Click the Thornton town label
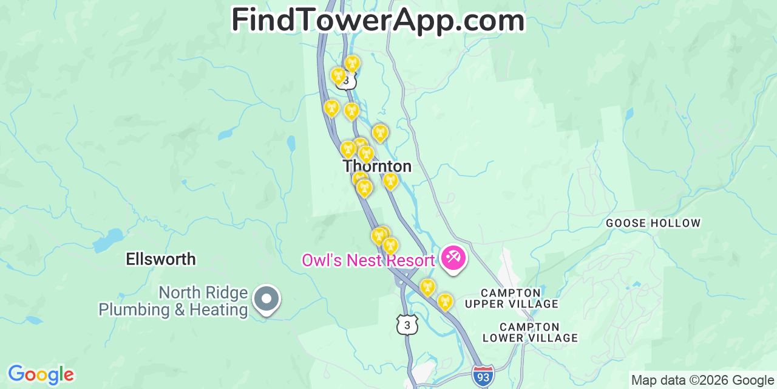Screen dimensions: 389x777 click(x=377, y=166)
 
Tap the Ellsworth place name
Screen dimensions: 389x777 click(x=161, y=260)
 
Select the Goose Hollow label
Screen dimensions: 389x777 click(x=653, y=224)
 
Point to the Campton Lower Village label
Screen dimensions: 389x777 click(x=530, y=332)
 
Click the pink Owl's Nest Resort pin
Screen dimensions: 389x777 click(x=453, y=258)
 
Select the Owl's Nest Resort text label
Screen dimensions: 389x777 click(x=368, y=261)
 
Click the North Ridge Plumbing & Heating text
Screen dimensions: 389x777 click(x=174, y=301)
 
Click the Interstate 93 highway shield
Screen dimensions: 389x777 click(x=483, y=376)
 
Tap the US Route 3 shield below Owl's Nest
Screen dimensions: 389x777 click(x=407, y=325)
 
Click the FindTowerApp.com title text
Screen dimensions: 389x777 click(x=378, y=20)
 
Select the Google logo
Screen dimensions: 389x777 click(x=41, y=374)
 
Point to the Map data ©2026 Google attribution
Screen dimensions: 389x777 click(x=703, y=380)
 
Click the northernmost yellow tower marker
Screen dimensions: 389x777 click(x=352, y=63)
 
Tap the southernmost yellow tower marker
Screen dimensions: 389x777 click(x=445, y=301)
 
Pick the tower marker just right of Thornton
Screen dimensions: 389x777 click(x=390, y=180)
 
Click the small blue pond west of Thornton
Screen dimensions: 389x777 click(x=291, y=143)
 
